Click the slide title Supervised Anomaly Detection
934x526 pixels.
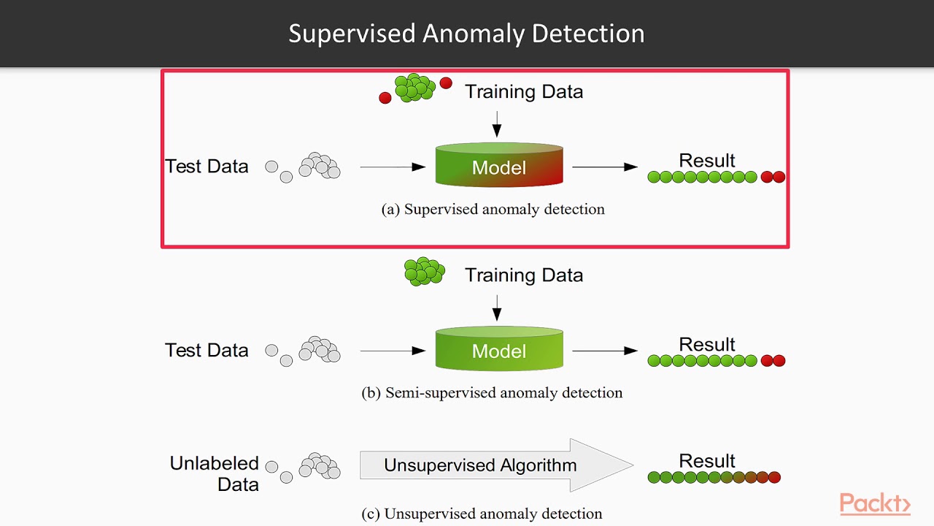tap(466, 34)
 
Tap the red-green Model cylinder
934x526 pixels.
tap(499, 166)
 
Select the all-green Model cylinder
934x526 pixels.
tap(499, 349)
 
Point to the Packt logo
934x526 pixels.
tap(874, 503)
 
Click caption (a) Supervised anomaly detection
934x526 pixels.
tap(493, 210)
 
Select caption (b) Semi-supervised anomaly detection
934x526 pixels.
tap(492, 393)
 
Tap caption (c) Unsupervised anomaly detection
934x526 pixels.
tap(482, 514)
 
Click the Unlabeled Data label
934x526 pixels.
tap(215, 473)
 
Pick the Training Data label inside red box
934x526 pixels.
tap(524, 92)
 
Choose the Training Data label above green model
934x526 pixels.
tap(524, 275)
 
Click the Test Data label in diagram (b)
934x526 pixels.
tap(207, 351)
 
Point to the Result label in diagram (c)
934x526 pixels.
tap(706, 461)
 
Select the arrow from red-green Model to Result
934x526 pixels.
tap(605, 167)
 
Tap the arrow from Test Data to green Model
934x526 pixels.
tap(393, 351)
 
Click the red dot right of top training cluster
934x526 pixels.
tap(446, 83)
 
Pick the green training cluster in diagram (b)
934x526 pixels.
tap(424, 270)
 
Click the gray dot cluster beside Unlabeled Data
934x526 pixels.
tap(320, 465)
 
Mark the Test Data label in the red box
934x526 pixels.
tap(207, 167)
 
